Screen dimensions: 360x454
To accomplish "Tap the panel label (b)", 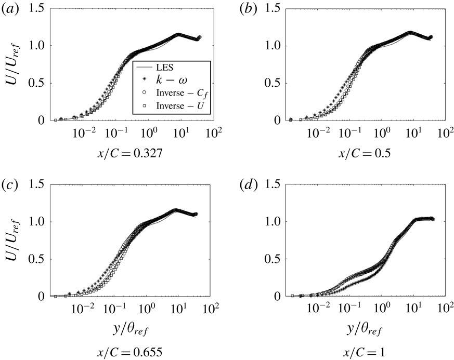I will [244, 9].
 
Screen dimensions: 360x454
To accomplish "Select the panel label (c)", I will [12, 185].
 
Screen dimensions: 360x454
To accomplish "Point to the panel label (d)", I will [244, 185].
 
